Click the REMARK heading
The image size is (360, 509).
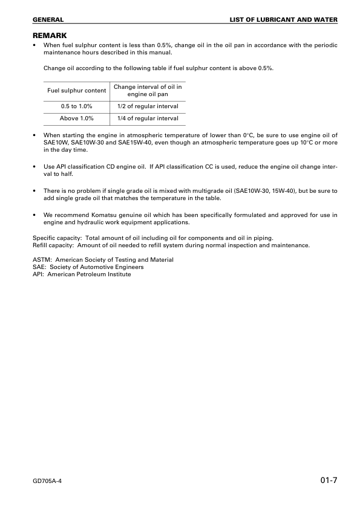click(50, 36)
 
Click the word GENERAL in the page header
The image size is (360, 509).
click(48, 20)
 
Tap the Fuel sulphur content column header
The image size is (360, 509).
click(77, 91)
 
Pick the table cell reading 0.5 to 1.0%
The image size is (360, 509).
click(77, 106)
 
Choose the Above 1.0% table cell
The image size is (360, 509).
click(77, 118)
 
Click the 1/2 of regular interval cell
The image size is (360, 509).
click(148, 106)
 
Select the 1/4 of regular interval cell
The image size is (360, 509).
click(148, 118)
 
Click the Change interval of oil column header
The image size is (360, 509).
click(148, 91)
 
